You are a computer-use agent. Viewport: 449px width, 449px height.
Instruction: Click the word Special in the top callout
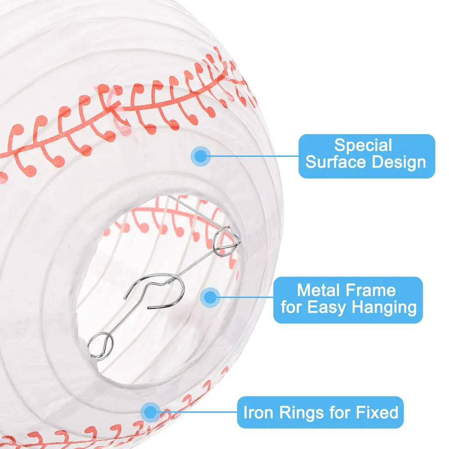[x=363, y=145]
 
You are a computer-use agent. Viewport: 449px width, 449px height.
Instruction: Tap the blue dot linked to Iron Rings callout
[x=151, y=412]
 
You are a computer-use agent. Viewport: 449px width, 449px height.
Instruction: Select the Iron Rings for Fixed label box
[x=320, y=413]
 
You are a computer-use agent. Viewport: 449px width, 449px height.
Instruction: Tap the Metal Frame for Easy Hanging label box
[x=348, y=299]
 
